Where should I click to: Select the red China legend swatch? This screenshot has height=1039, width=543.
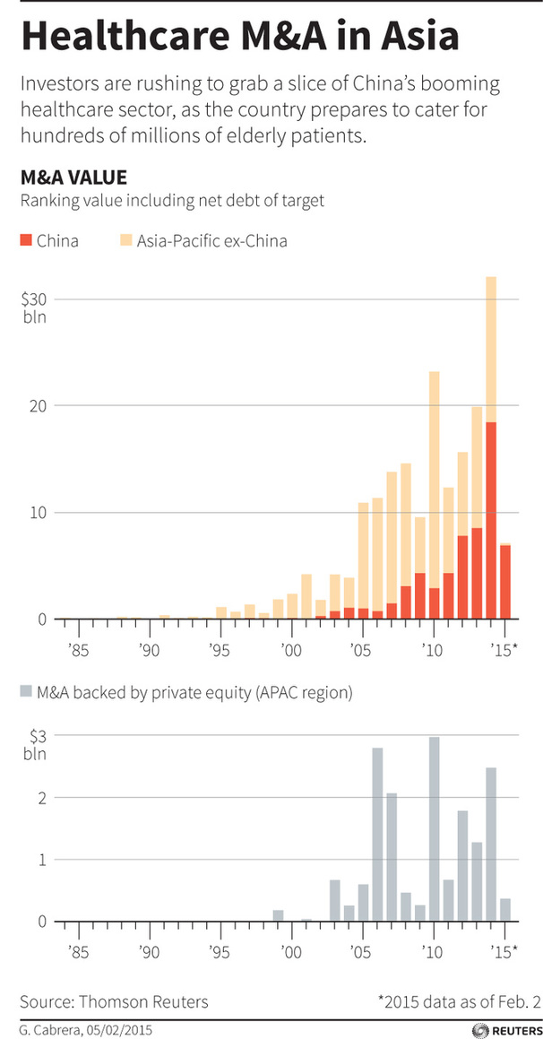tap(24, 240)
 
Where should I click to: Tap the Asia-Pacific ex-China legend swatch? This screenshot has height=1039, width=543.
tap(125, 240)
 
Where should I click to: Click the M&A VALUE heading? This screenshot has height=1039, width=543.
tap(73, 177)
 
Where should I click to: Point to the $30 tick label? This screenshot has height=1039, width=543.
tap(35, 299)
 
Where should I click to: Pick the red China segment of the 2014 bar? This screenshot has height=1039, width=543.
tap(491, 520)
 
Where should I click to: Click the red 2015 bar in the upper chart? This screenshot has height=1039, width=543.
tap(505, 582)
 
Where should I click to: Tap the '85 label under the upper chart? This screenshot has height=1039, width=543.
tap(78, 647)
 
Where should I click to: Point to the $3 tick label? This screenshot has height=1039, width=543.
tap(37, 735)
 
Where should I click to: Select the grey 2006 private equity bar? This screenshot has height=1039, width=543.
tap(377, 834)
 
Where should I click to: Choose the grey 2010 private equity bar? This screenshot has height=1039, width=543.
tap(435, 829)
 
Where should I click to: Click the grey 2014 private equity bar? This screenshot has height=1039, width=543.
tap(491, 844)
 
